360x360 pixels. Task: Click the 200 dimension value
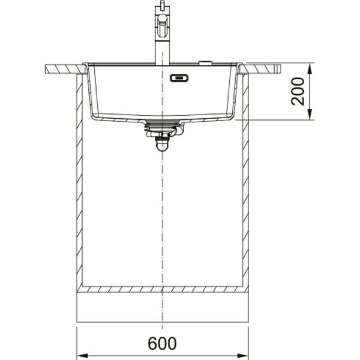pyautogui.click(x=298, y=91)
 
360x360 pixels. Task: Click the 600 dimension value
pyautogui.click(x=162, y=344)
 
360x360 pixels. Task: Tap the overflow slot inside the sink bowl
pyautogui.click(x=179, y=77)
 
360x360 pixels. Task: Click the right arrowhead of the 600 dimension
pyautogui.click(x=243, y=352)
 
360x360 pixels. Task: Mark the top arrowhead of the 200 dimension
pyautogui.click(x=310, y=65)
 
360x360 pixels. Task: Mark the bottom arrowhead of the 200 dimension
pyautogui.click(x=310, y=115)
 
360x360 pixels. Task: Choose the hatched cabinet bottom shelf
pyautogui.click(x=162, y=289)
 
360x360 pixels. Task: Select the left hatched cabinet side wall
pyautogui.click(x=78, y=180)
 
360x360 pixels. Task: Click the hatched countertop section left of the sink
pyautogui.click(x=63, y=69)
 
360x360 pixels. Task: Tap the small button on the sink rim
pyautogui.click(x=205, y=62)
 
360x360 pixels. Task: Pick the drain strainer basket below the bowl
pyautogui.click(x=161, y=126)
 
